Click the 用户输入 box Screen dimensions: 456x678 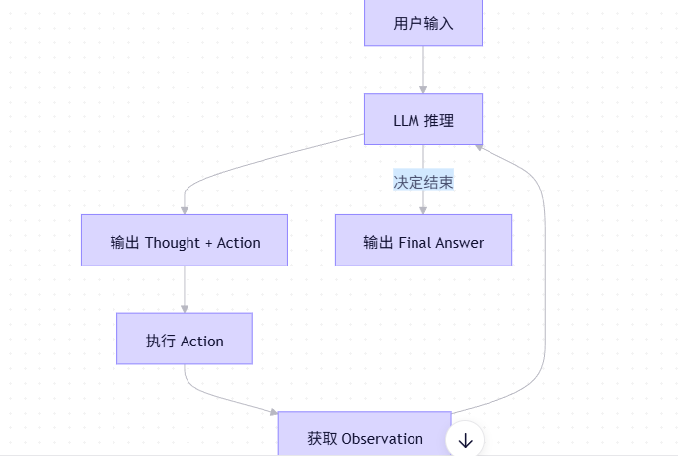coord(422,23)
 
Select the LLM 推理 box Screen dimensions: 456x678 coord(422,120)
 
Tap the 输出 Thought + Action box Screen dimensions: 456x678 coord(185,241)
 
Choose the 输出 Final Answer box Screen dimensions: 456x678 coord(422,241)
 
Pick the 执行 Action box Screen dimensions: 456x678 coord(185,340)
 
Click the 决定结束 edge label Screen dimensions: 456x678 coord(422,182)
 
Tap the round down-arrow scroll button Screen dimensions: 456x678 coord(465,440)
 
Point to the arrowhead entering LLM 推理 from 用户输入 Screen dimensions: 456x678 coord(422,88)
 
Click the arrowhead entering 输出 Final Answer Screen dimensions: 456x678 coord(422,208)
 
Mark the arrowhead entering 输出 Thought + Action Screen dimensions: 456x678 coord(185,208)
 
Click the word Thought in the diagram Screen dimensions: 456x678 coord(173,242)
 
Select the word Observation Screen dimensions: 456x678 coord(382,439)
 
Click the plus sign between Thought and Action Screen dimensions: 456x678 coord(208,242)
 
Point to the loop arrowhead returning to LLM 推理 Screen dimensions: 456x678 coord(477,145)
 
